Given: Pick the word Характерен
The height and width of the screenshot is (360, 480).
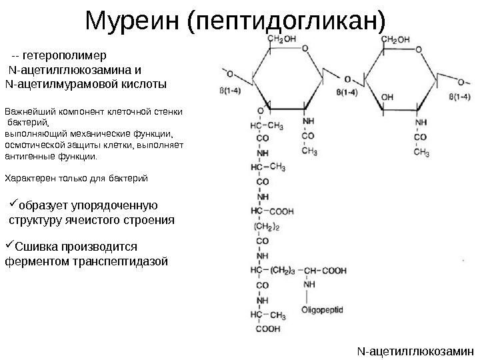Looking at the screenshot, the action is coord(31,179).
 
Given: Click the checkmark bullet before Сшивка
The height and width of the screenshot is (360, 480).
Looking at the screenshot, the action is coord(10,245).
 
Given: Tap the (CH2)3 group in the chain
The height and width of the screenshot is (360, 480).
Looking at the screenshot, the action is coord(281,270).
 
